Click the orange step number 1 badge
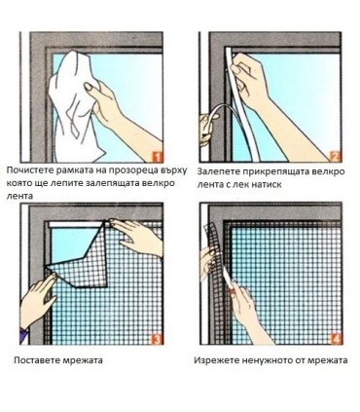[157, 157]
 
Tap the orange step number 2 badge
[336, 157]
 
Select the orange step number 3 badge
[157, 339]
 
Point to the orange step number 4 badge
[336, 339]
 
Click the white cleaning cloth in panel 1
[76, 107]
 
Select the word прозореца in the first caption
[143, 171]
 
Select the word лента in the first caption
[19, 196]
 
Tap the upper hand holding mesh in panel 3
[136, 237]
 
